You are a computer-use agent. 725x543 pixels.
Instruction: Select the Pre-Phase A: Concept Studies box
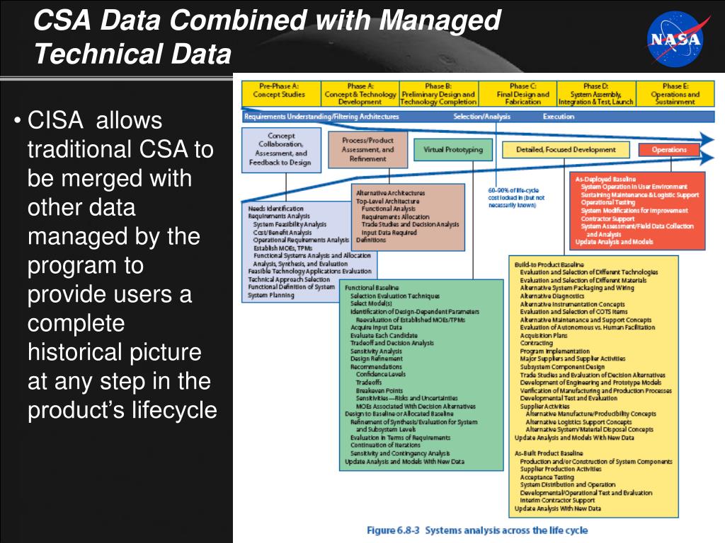[x=280, y=93]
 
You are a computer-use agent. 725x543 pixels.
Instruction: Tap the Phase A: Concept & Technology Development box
[x=360, y=93]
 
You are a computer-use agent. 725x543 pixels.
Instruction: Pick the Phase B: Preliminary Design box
[x=438, y=93]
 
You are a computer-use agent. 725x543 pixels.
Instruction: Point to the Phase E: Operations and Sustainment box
[x=675, y=93]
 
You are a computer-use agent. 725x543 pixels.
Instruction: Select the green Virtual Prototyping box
[x=453, y=150]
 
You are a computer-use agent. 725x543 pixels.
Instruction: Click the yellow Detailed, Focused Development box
[x=565, y=150]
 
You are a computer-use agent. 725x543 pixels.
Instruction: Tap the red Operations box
[x=669, y=150]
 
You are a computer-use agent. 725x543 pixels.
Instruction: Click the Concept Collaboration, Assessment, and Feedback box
[x=280, y=148]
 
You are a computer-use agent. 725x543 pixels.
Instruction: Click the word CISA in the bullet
[x=55, y=120]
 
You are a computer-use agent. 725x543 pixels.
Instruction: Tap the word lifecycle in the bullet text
[x=174, y=410]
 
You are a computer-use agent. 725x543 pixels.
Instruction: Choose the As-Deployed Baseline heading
[x=605, y=179]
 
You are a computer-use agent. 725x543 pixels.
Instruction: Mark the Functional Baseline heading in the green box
[x=372, y=288]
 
